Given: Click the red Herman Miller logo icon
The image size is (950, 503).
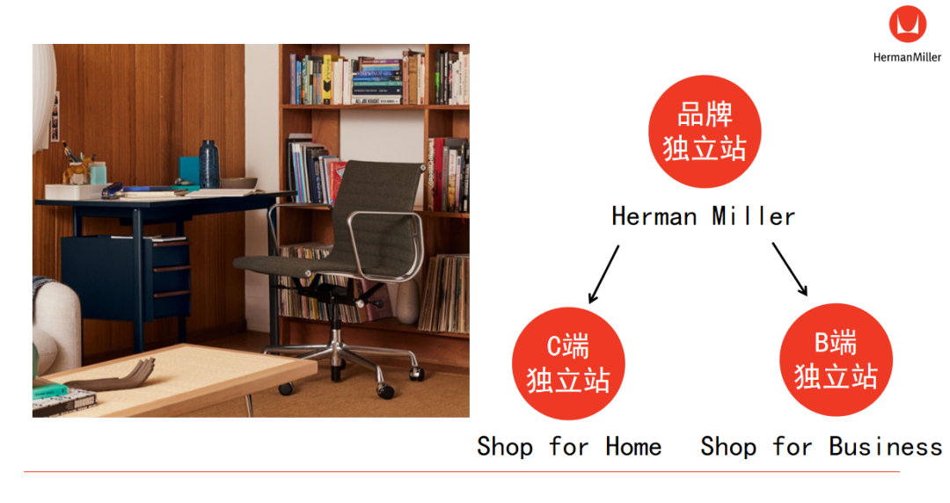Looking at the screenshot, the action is pyautogui.click(x=907, y=25).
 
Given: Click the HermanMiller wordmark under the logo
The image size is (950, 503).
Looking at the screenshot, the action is pyautogui.click(x=907, y=57).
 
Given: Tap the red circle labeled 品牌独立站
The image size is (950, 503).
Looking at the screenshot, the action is pyautogui.click(x=705, y=132).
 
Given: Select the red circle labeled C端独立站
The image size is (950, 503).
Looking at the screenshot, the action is pyautogui.click(x=568, y=363).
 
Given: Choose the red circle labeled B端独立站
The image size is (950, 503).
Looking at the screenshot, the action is pyautogui.click(x=836, y=360).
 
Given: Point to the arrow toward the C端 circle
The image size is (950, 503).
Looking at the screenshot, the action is pyautogui.click(x=604, y=273).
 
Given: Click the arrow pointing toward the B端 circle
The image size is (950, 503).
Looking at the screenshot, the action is pyautogui.click(x=790, y=269).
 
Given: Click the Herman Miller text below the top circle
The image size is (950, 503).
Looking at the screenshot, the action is pyautogui.click(x=704, y=216).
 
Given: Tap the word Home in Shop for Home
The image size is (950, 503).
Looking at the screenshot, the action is pyautogui.click(x=633, y=448).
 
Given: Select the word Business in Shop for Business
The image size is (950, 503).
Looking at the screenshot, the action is pyautogui.click(x=886, y=447).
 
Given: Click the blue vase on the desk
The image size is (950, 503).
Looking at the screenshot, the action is pyautogui.click(x=209, y=164).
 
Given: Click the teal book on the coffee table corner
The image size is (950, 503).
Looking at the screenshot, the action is pyautogui.click(x=49, y=389).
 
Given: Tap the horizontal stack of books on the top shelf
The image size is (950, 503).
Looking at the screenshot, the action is pyautogui.click(x=376, y=81).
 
